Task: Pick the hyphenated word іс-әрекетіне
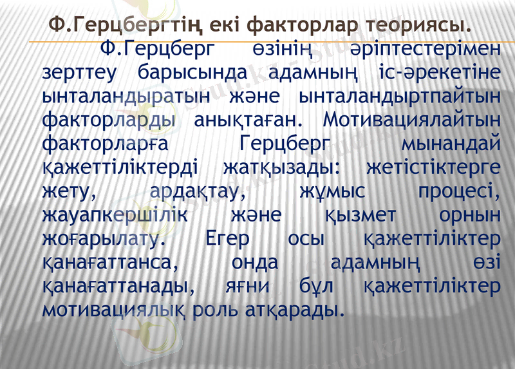pos(436,73)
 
